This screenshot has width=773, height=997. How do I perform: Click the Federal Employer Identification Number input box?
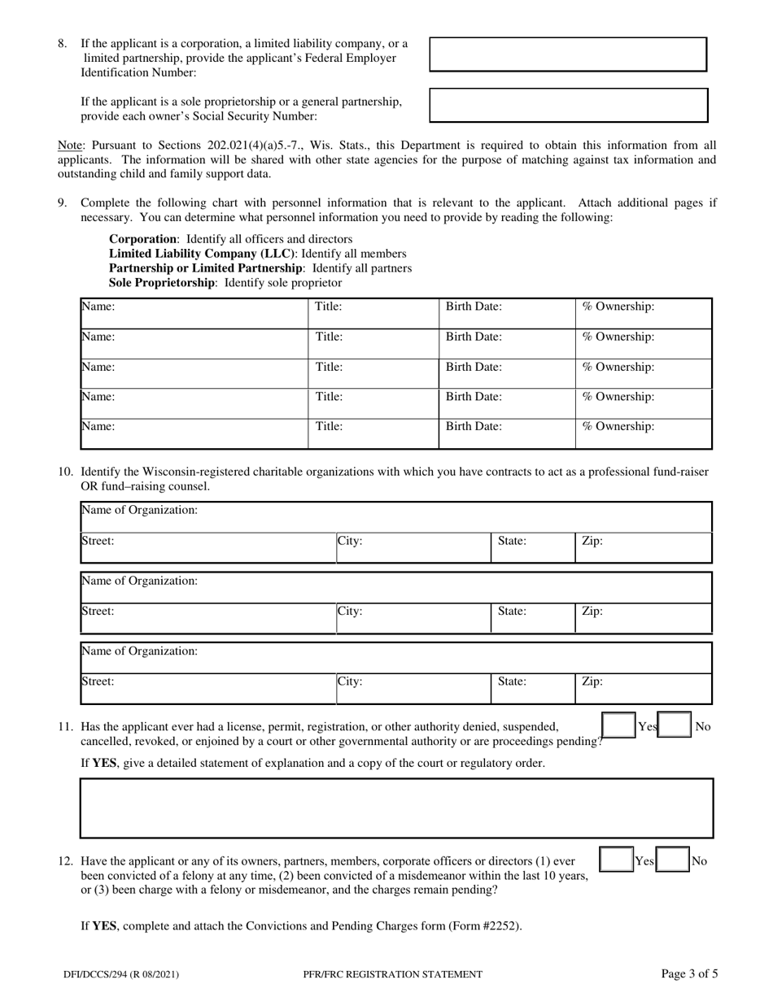click(x=568, y=54)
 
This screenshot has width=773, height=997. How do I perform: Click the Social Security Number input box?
click(x=568, y=105)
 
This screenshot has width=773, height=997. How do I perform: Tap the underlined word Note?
click(x=68, y=145)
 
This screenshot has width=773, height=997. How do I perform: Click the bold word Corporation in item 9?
click(x=143, y=239)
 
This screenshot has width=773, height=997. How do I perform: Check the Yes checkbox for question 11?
click(x=618, y=727)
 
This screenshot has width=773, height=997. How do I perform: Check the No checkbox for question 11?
click(x=675, y=727)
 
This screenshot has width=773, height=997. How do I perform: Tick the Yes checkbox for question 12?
click(x=617, y=860)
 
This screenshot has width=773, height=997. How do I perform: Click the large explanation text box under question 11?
click(x=396, y=808)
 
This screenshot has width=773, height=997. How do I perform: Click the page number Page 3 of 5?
click(x=689, y=973)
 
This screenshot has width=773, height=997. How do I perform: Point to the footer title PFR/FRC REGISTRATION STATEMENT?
click(x=392, y=973)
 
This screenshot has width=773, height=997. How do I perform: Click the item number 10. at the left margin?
click(x=65, y=472)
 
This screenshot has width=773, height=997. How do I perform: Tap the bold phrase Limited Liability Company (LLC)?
click(x=202, y=254)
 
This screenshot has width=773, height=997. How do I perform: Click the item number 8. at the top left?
click(x=62, y=44)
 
